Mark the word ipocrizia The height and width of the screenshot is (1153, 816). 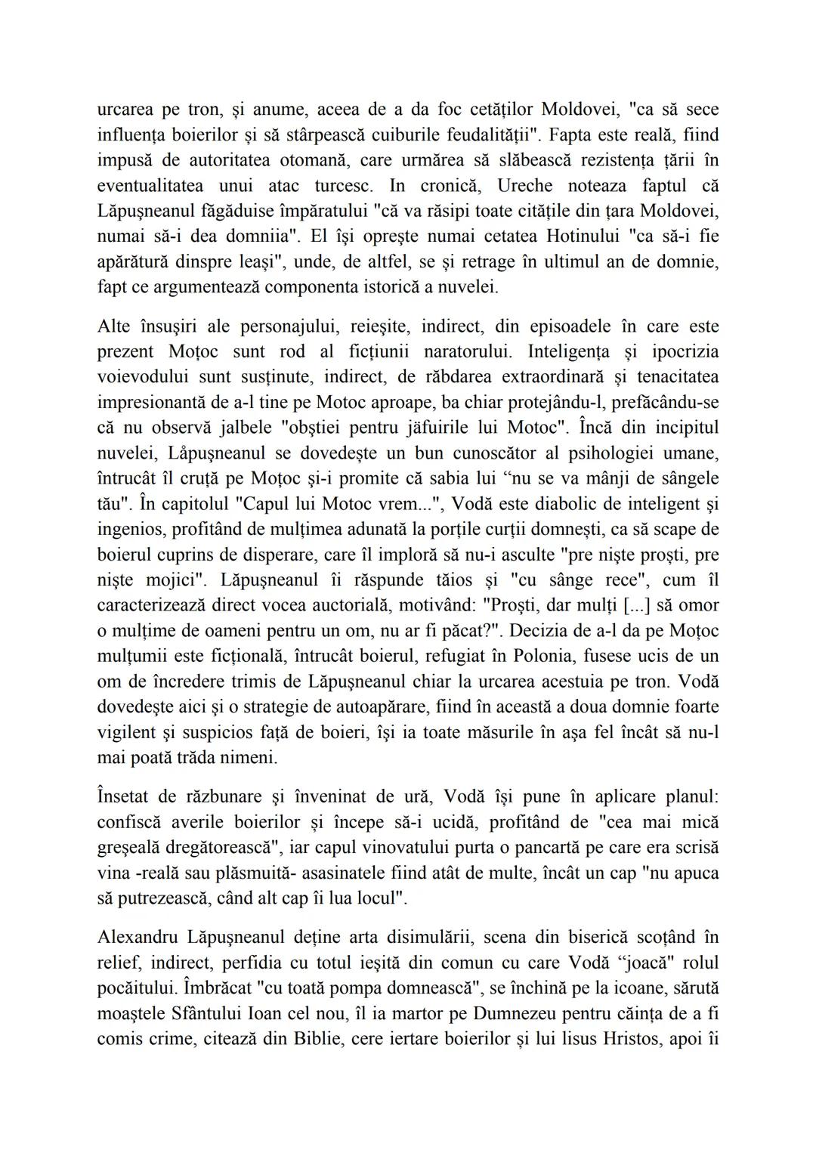coord(682,352)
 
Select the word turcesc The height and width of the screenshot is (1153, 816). coord(346,185)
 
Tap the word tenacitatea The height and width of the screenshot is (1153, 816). coord(678,377)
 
